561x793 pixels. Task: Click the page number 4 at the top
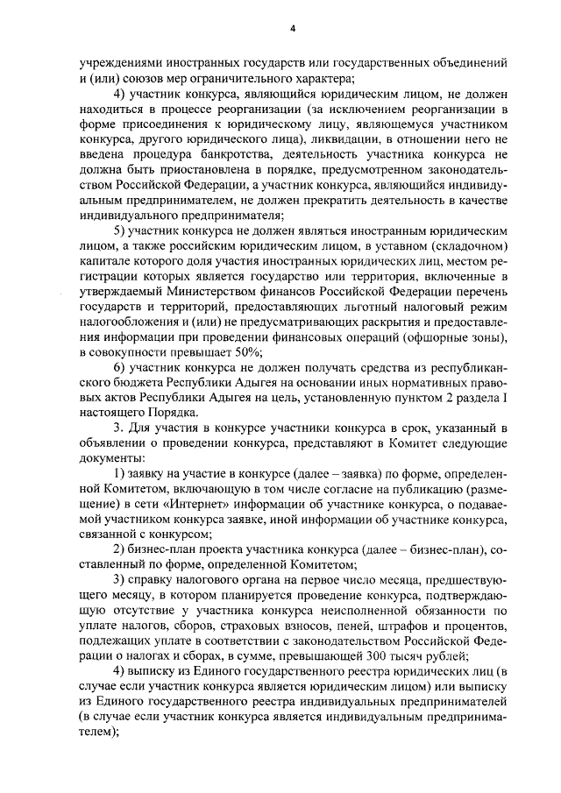click(293, 29)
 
